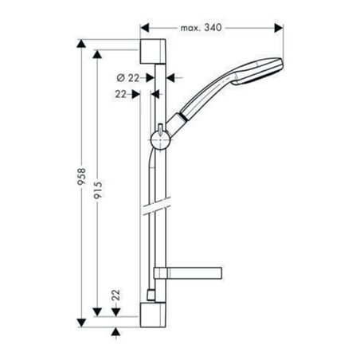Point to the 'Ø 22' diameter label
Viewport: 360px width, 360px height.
click(x=127, y=78)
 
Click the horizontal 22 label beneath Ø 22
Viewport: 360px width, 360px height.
click(x=121, y=94)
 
